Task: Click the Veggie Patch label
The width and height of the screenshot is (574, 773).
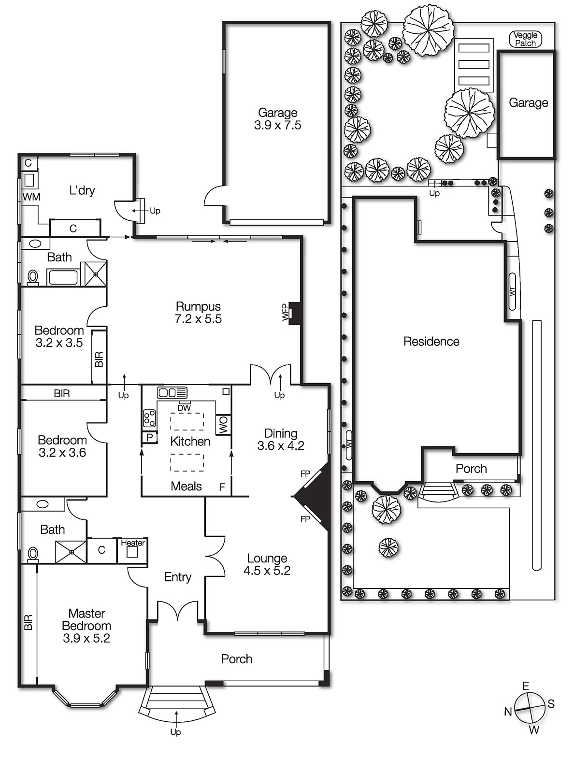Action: point(526,39)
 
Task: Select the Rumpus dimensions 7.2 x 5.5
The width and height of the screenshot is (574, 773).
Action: point(198,319)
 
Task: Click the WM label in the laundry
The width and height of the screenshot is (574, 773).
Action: point(31,197)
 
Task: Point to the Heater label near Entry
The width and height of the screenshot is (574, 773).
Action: point(133,543)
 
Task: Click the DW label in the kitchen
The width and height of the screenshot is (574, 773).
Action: point(184,408)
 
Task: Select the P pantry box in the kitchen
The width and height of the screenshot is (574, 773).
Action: point(150,437)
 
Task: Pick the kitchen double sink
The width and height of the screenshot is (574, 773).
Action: point(172,393)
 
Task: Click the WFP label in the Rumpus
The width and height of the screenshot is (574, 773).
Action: point(286,312)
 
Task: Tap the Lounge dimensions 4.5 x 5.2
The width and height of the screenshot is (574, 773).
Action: point(267,571)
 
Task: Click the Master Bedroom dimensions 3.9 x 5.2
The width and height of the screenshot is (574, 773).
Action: point(86,638)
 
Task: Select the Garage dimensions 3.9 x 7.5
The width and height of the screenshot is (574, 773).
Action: point(277,125)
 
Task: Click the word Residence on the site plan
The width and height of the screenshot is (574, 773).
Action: point(431,342)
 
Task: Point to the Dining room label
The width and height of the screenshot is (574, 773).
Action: point(281,433)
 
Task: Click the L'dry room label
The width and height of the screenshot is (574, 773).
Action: point(82,190)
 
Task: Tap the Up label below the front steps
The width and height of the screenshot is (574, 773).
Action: point(175,732)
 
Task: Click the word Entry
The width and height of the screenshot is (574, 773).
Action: point(178,577)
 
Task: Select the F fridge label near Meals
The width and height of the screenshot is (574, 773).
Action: point(222,487)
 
